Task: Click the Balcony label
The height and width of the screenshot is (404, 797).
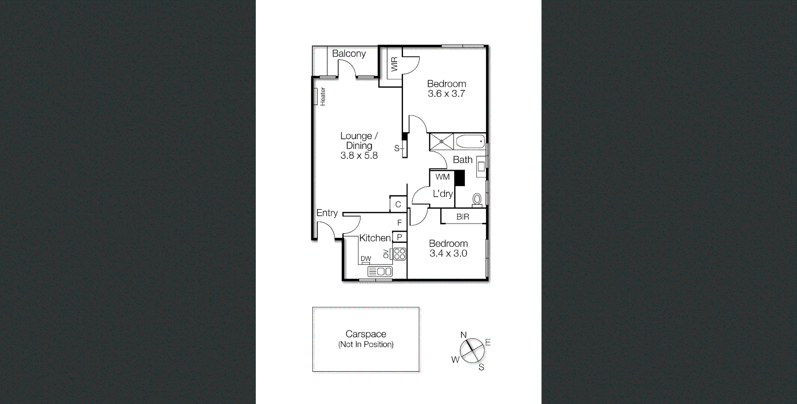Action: click(349, 54)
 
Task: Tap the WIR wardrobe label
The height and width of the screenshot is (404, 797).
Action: click(394, 64)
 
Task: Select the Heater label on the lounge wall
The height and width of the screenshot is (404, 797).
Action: click(323, 96)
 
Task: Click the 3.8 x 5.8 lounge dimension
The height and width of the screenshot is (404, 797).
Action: click(359, 156)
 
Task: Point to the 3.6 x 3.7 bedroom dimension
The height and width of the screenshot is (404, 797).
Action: click(446, 94)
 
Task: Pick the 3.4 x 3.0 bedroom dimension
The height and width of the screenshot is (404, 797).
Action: click(448, 254)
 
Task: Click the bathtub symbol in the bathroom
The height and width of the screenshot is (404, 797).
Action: click(470, 142)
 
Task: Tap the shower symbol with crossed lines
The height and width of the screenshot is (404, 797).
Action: click(441, 142)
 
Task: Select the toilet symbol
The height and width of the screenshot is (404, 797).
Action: click(477, 200)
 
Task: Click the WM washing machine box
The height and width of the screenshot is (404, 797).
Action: click(442, 177)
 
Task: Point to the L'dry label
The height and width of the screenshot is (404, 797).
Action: click(443, 193)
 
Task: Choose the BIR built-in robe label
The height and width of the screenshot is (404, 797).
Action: click(462, 217)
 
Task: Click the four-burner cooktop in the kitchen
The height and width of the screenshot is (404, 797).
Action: click(399, 254)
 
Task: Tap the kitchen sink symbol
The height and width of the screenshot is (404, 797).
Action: click(380, 272)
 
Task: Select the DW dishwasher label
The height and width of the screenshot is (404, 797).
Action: click(365, 259)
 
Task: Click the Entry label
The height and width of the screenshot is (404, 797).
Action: click(327, 213)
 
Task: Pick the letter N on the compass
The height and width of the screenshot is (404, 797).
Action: click(464, 335)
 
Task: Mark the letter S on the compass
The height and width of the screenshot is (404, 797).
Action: click(481, 367)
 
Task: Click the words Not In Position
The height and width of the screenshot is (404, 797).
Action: click(366, 344)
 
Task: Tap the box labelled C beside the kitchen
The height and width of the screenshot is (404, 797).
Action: click(398, 204)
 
